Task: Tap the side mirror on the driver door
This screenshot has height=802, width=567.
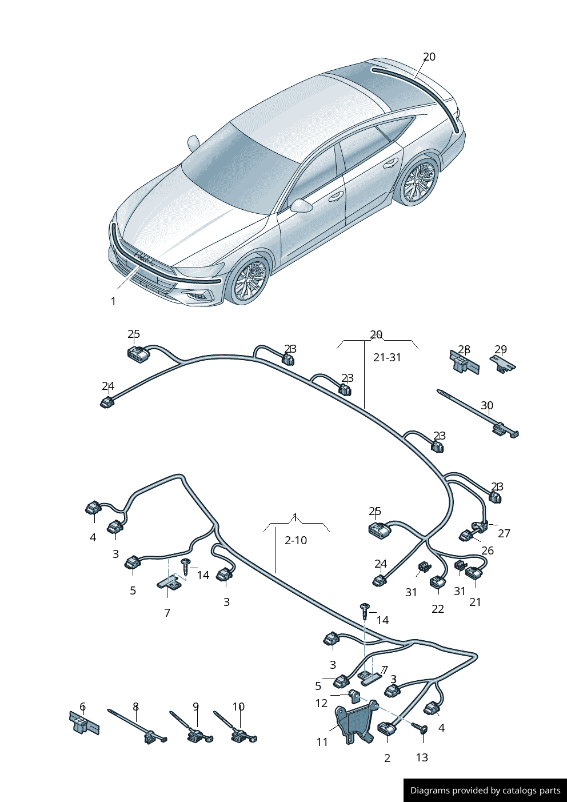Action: pyautogui.click(x=301, y=206)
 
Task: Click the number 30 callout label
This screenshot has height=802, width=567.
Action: pyautogui.click(x=487, y=406)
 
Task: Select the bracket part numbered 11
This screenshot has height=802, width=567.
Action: pyautogui.click(x=355, y=720)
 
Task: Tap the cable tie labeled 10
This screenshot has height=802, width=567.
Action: pyautogui.click(x=235, y=727)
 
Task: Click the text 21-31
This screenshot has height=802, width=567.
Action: pyautogui.click(x=388, y=357)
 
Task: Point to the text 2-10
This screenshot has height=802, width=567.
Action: pyautogui.click(x=296, y=540)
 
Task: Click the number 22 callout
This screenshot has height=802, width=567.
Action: pyautogui.click(x=438, y=609)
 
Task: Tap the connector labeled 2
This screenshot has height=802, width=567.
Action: pyautogui.click(x=386, y=729)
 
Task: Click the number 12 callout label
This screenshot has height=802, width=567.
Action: pyautogui.click(x=321, y=703)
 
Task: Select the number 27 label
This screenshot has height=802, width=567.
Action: pyautogui.click(x=504, y=533)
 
